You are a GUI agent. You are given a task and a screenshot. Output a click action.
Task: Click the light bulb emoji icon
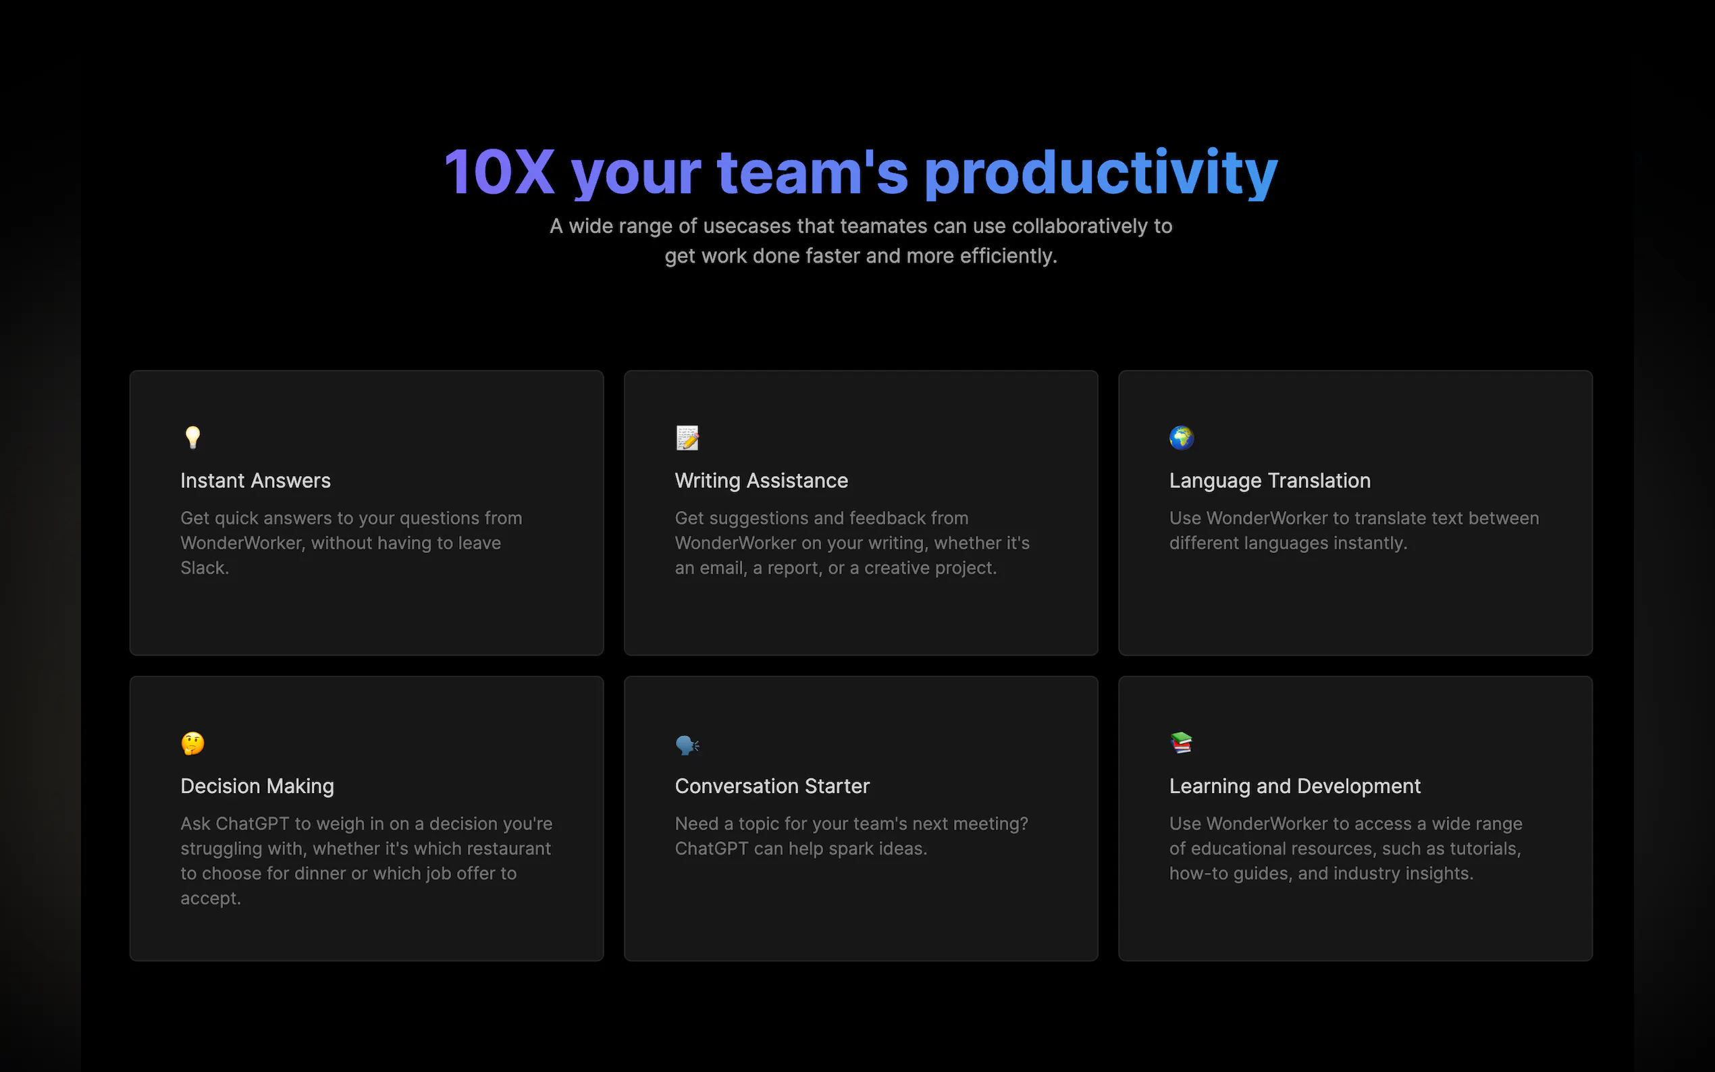click(192, 437)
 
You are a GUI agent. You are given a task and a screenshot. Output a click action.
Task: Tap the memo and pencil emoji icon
click(687, 438)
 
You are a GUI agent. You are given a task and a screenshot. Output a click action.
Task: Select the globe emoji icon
click(1181, 438)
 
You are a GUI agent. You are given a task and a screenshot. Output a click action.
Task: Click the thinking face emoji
click(193, 744)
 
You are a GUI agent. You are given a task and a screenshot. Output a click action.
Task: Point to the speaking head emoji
click(687, 745)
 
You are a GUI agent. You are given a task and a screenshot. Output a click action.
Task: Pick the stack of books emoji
click(1181, 743)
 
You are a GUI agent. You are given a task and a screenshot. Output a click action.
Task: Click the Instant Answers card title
click(255, 481)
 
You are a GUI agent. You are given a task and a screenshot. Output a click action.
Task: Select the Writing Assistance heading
click(761, 481)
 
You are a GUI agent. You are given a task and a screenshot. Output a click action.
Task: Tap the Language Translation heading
click(1270, 481)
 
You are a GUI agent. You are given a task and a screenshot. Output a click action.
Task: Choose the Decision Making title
click(257, 786)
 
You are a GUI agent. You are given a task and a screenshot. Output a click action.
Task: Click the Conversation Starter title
click(772, 786)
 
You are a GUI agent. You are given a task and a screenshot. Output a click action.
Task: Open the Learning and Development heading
click(1294, 786)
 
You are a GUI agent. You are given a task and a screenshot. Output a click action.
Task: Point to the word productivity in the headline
click(1101, 174)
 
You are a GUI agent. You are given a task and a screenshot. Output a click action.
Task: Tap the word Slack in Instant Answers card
click(204, 568)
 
